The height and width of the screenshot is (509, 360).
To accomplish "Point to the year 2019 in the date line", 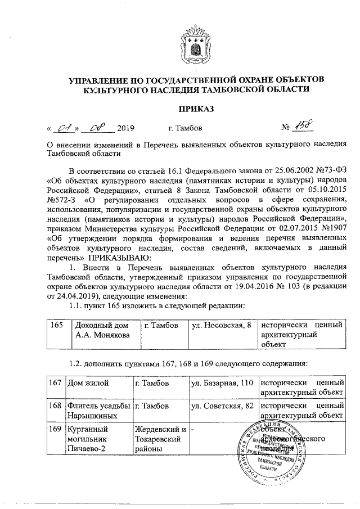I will (x=127, y=128).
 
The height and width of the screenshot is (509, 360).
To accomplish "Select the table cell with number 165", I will (x=55, y=326).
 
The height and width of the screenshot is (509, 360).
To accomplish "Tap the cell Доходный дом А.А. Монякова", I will (x=100, y=331).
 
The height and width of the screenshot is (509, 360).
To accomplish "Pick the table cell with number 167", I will (x=55, y=382).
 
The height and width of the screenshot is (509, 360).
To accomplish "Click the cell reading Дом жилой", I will (x=87, y=382).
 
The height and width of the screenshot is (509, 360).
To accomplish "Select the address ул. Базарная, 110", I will (x=223, y=382).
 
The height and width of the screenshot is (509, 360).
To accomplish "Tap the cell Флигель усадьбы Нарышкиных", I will (x=98, y=411).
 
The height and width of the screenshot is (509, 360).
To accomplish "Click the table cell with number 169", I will (x=55, y=429).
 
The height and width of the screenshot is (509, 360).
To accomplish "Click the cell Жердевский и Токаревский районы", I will (x=160, y=439).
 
